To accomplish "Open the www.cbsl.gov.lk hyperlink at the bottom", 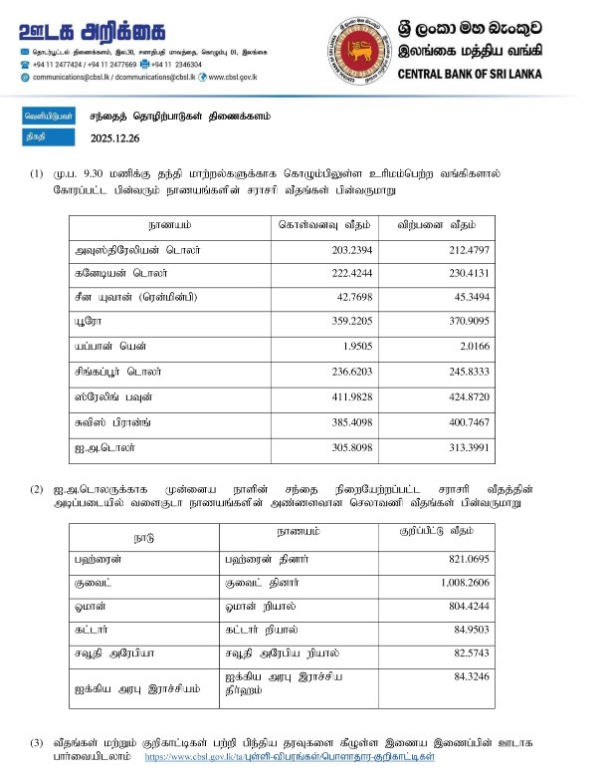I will tap(290, 758).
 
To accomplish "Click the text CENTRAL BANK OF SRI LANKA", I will tap(482, 74).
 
